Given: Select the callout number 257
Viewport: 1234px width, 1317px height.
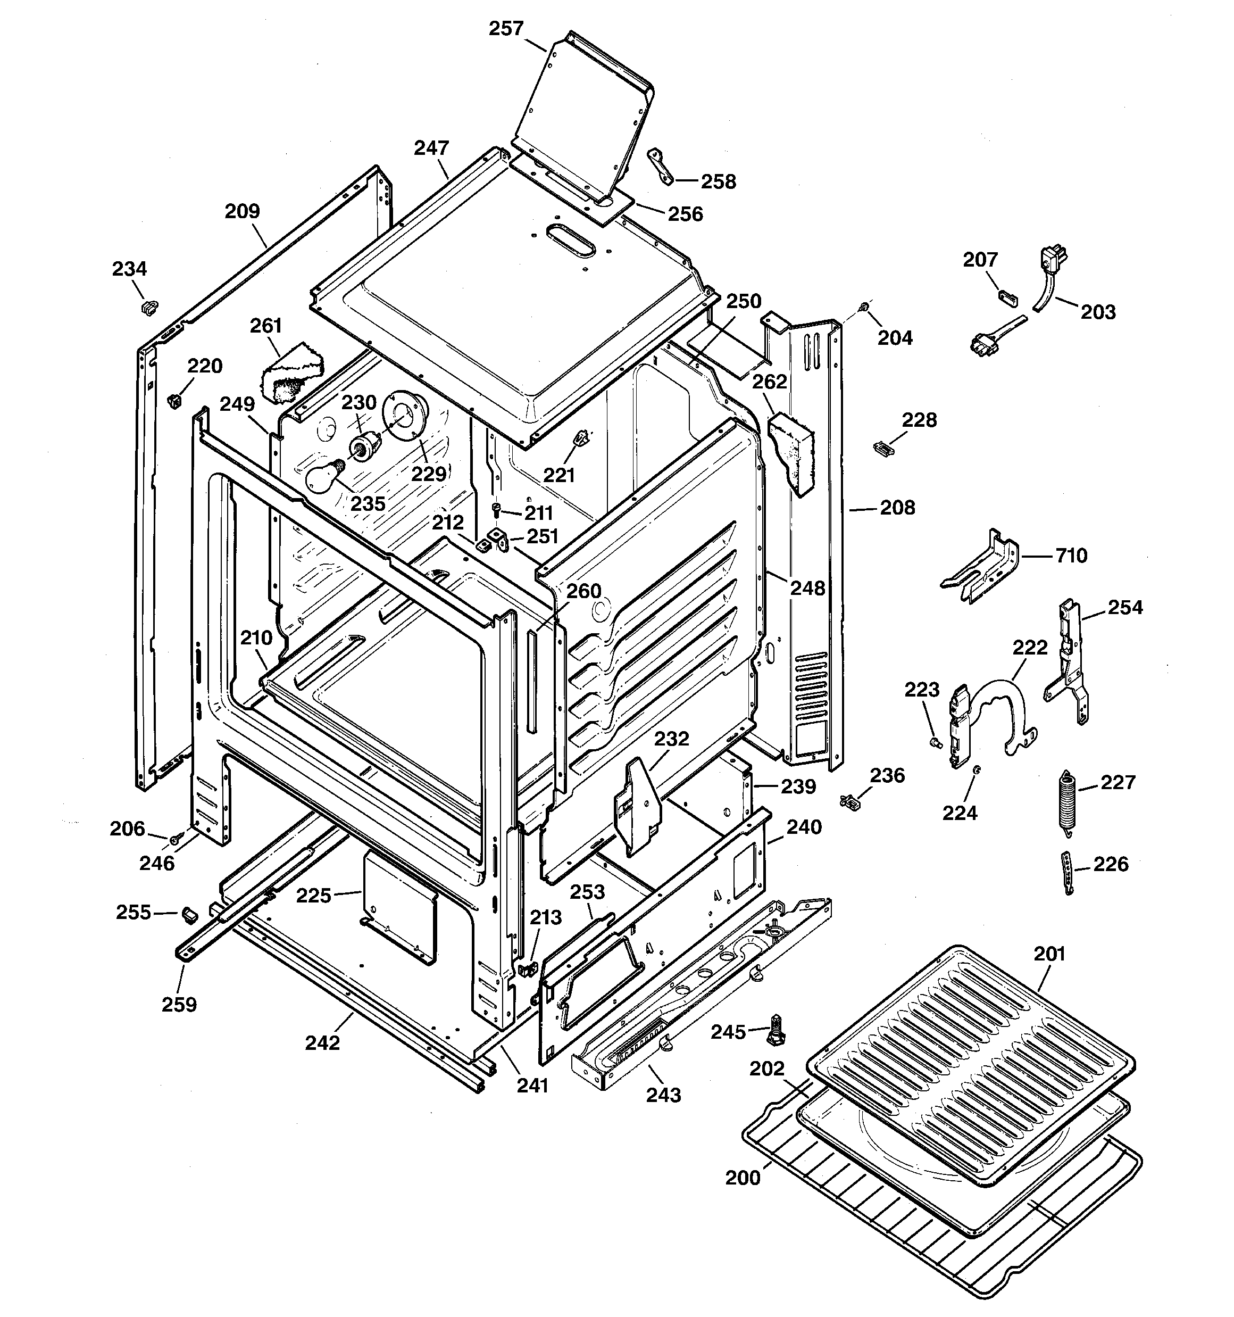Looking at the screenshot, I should click(x=506, y=29).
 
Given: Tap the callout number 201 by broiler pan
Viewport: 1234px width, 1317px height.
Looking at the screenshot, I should click(x=1049, y=954).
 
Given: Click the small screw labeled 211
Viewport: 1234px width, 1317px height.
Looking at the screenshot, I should click(x=497, y=509).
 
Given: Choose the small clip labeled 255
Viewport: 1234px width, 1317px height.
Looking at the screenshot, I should click(x=189, y=914).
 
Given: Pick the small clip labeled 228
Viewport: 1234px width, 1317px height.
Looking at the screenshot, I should click(x=882, y=449).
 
